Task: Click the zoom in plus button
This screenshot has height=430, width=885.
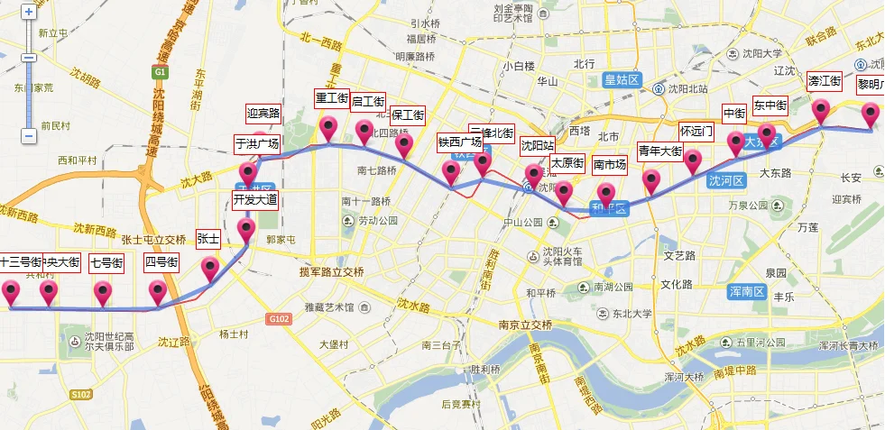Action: [29, 13]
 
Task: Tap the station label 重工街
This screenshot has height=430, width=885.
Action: [331, 97]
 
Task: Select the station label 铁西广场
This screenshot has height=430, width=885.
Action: [459, 142]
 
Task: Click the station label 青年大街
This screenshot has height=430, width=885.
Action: [659, 150]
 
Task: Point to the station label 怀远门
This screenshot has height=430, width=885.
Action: [696, 130]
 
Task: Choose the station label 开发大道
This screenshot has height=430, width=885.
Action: [255, 199]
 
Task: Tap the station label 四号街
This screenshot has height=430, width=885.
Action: [161, 263]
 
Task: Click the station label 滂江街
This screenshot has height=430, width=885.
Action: [825, 80]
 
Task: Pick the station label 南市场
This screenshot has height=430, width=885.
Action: [610, 165]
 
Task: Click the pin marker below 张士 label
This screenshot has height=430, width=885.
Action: [210, 267]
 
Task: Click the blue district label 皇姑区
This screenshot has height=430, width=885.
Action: [622, 80]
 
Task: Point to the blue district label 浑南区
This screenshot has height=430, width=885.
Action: [746, 291]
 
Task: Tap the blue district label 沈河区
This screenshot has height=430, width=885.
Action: [726, 180]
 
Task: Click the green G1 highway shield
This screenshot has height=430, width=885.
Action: [160, 72]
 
